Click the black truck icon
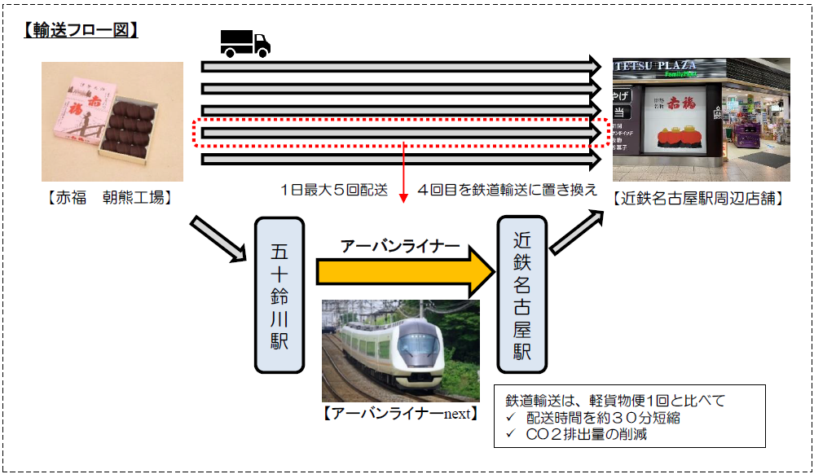pos(245,43)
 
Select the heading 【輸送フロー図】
pos(81,30)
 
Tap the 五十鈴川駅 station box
pos(279,296)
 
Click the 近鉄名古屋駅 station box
pos(522,295)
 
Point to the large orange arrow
pos(406,271)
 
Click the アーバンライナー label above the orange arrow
pos(400,246)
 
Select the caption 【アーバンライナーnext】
pos(400,414)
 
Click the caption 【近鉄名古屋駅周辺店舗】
pos(699,198)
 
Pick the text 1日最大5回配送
pos(334,190)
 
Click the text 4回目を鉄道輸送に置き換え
pos(507,190)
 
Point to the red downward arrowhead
pos(403,199)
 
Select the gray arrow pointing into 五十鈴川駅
pos(218,239)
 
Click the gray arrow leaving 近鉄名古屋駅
pos(577,232)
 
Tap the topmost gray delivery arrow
pos(401,67)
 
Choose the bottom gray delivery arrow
pos(401,159)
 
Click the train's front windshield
pos(418,343)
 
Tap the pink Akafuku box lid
pos(85,111)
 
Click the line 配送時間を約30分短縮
pos(603,418)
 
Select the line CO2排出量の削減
pos(586,434)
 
